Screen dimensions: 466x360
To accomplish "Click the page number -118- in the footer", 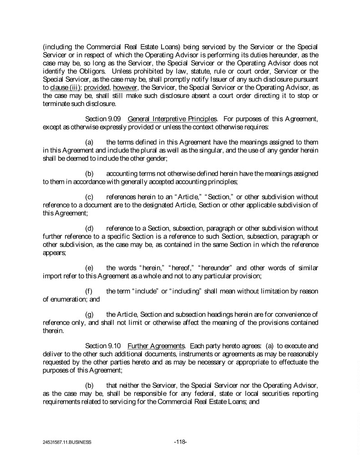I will point(180,442).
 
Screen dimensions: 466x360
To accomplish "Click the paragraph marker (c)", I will point(90,197).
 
